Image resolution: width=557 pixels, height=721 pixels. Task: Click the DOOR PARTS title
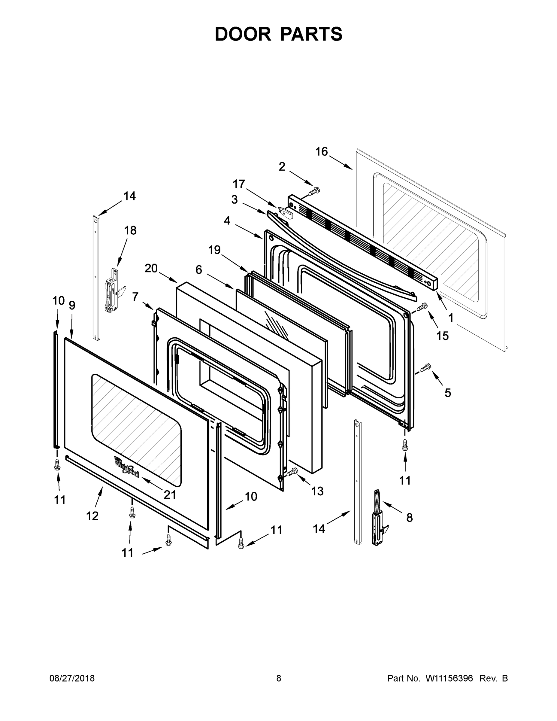pyautogui.click(x=279, y=34)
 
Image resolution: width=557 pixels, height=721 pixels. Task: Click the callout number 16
pyautogui.click(x=321, y=151)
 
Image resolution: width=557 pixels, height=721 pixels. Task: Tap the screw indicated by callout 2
pyautogui.click(x=314, y=190)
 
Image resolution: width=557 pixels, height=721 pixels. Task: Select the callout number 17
pyautogui.click(x=239, y=184)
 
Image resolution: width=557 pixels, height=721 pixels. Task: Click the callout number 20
pyautogui.click(x=151, y=268)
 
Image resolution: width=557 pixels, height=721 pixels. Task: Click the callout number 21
pyautogui.click(x=170, y=494)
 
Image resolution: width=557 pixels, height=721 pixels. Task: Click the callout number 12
pyautogui.click(x=92, y=516)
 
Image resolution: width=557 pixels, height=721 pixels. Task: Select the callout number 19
pyautogui.click(x=214, y=250)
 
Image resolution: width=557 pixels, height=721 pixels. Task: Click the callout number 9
pyautogui.click(x=72, y=305)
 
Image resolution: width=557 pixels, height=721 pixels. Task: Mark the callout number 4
pyautogui.click(x=227, y=221)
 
